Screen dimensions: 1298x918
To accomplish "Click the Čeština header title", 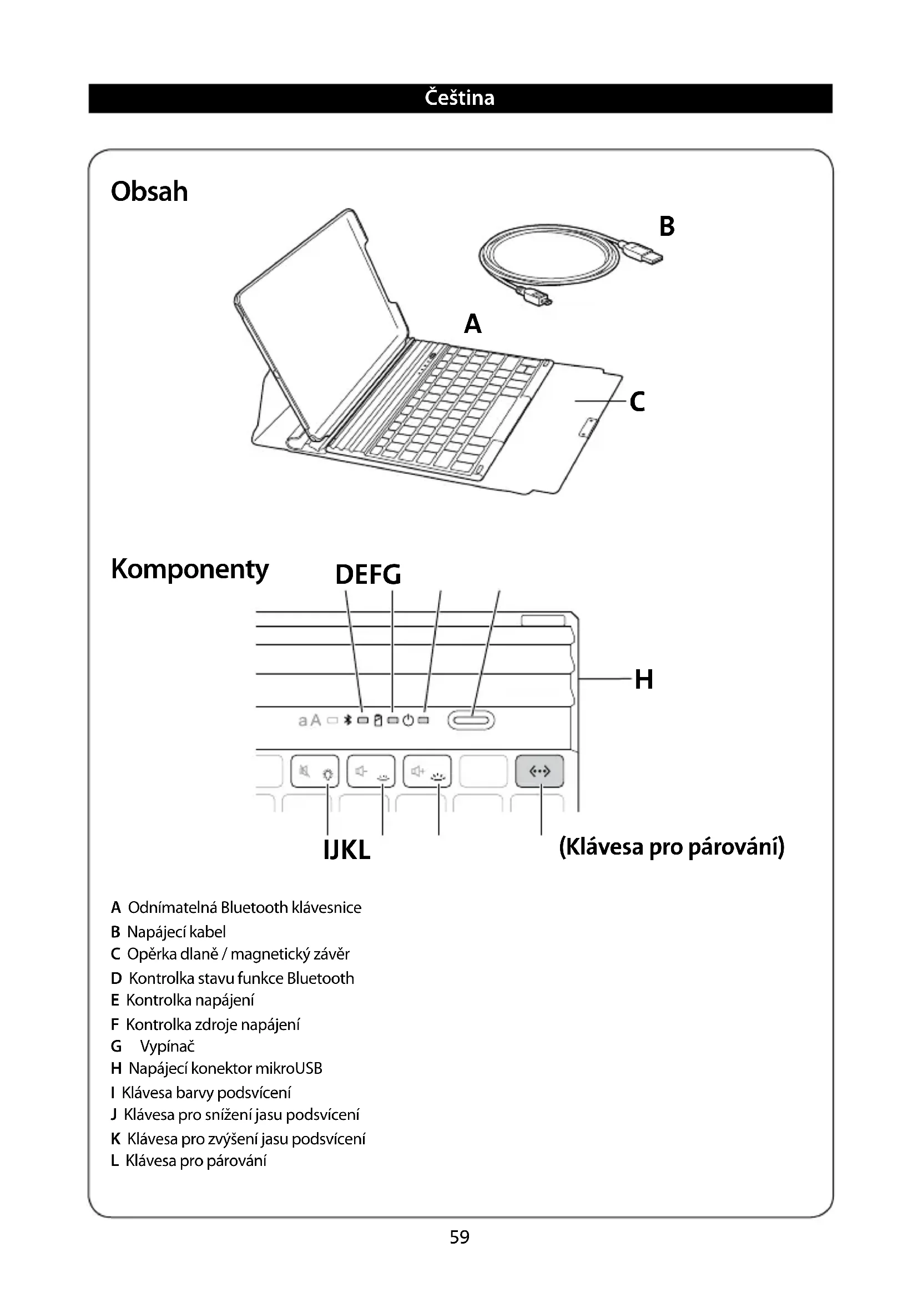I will point(459,98).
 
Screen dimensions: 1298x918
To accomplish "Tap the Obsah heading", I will point(149,191).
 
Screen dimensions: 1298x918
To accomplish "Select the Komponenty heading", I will point(190,569).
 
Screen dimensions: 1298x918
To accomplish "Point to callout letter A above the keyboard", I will point(472,324).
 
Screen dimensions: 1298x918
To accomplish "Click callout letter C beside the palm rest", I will point(637,402).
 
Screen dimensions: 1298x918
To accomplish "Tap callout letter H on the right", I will point(644,679).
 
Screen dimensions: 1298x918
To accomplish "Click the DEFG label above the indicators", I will point(368,575).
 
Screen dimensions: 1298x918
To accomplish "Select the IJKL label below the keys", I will point(347,849).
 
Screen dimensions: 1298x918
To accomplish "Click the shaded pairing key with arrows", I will point(539,771).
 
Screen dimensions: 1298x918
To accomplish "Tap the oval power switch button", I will point(471,720).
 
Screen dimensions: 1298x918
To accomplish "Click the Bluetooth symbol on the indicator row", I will point(349,720).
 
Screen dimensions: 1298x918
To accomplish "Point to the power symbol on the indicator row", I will point(408,720).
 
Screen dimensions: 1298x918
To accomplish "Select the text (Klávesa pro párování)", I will point(672,847).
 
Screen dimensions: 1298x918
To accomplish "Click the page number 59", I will point(459,1237).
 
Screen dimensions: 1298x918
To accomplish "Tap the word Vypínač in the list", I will point(167,1047).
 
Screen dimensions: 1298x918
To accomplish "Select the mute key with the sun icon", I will point(315,771).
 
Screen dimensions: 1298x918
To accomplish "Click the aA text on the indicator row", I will point(309,720).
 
